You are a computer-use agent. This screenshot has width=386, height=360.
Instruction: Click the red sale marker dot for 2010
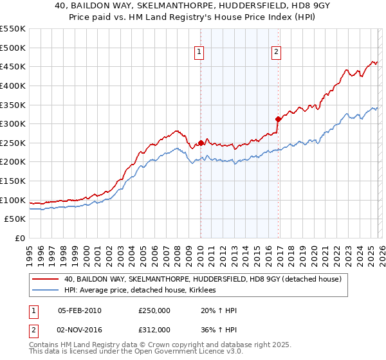[201, 143]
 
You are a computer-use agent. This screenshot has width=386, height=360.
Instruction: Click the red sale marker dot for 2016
[278, 119]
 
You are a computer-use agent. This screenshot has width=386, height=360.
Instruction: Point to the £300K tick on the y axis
[13, 123]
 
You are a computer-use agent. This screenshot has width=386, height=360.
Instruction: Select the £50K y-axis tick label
[15, 219]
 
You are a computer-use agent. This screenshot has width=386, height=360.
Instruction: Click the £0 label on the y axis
[20, 239]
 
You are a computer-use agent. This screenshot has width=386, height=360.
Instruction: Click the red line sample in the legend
[46, 279]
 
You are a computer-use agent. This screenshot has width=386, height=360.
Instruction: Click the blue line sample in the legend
[46, 290]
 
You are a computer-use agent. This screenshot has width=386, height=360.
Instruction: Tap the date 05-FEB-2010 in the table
[79, 310]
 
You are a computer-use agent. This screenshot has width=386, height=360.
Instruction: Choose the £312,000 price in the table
[154, 330]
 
